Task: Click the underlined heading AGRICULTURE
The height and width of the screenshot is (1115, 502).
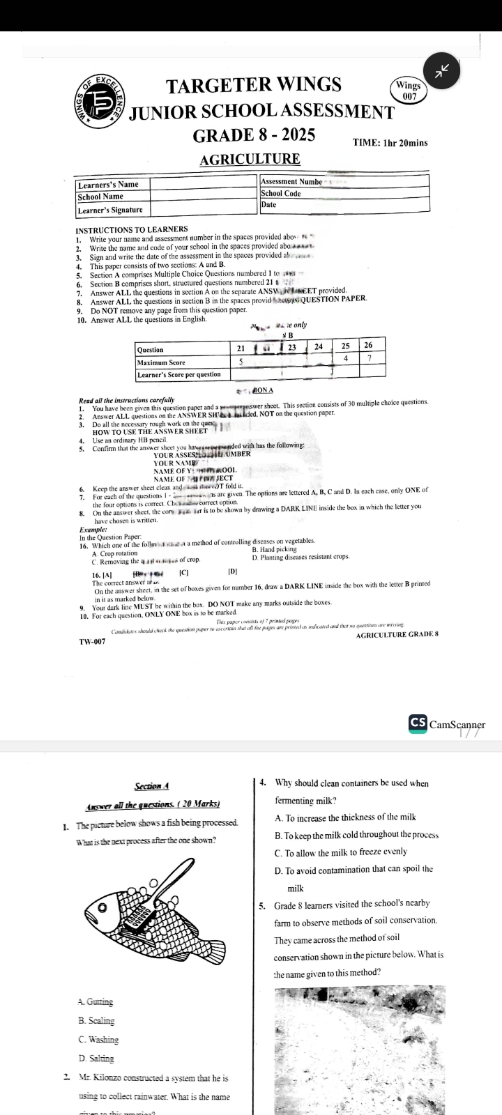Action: click(x=250, y=160)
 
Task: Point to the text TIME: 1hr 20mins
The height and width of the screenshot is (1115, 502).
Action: click(x=390, y=143)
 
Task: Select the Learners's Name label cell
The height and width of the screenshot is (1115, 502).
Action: click(x=108, y=185)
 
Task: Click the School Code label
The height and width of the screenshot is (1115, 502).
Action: click(x=281, y=194)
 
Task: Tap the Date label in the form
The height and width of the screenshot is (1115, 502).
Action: click(x=268, y=205)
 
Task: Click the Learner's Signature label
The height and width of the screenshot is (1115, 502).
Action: click(x=110, y=210)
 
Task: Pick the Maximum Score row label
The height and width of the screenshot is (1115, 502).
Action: click(x=161, y=362)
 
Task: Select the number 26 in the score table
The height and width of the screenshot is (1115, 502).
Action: click(x=369, y=346)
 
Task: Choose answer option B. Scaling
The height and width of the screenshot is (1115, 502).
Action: click(x=96, y=1021)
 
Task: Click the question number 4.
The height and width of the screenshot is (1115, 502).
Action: click(x=261, y=783)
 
